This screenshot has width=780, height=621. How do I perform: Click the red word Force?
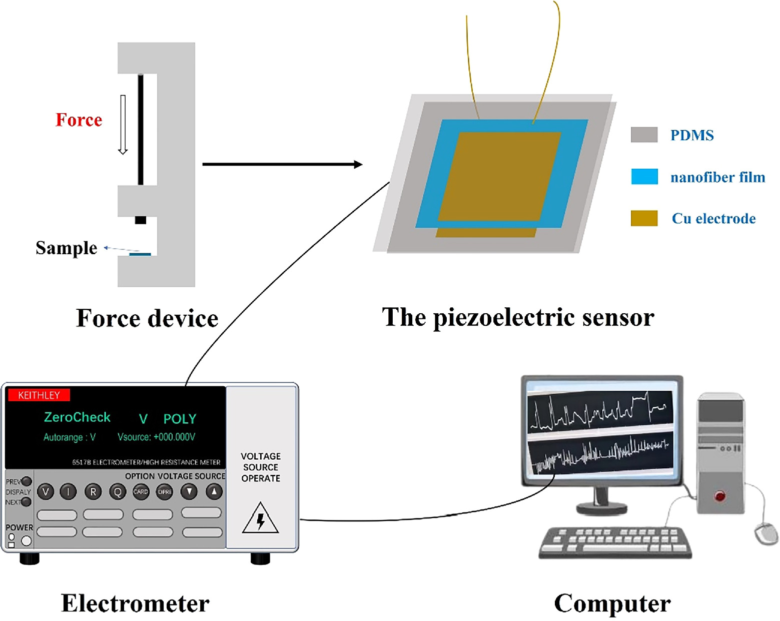tap(79, 120)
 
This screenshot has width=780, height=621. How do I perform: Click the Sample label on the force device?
tap(66, 248)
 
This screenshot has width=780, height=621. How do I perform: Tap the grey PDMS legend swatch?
tap(644, 135)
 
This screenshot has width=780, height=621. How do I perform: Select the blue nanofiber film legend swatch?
tap(644, 177)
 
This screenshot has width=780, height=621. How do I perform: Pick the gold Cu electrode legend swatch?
tap(644, 218)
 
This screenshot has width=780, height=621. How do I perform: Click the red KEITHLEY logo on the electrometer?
tap(39, 395)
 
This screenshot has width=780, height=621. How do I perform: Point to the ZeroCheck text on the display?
tap(77, 417)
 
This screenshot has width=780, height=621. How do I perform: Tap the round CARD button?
tap(141, 492)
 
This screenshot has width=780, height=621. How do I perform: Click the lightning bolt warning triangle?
tap(260, 519)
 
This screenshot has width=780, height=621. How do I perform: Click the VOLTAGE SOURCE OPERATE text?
tap(261, 467)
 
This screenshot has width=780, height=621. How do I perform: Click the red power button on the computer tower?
tap(720, 496)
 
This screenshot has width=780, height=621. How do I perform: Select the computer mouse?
tap(765, 533)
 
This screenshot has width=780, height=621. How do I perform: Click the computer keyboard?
tap(615, 543)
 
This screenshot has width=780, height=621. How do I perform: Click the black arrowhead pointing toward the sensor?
tap(358, 164)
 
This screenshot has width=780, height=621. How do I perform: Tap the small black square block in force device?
tap(141, 220)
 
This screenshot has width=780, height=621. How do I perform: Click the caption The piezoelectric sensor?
tap(518, 318)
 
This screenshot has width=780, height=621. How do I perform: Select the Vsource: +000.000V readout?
tap(156, 437)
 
